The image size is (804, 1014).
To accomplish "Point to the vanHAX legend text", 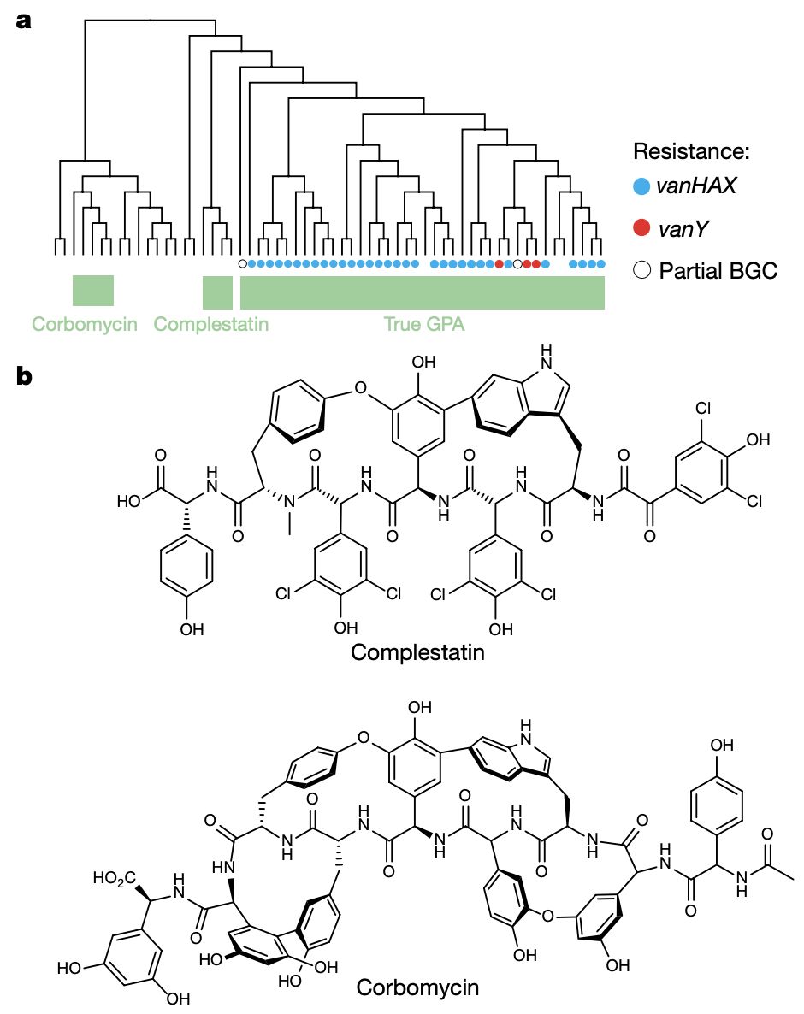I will point(695,186).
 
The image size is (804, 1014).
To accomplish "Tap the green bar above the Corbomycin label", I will point(92,291).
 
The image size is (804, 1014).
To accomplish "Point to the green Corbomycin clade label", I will point(84,324).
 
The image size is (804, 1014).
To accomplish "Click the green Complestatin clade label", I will point(211,324).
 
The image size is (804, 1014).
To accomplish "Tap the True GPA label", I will point(423,324).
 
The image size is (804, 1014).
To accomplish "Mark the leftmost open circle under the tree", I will point(242,264).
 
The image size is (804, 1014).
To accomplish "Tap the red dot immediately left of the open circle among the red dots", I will point(499,264).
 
